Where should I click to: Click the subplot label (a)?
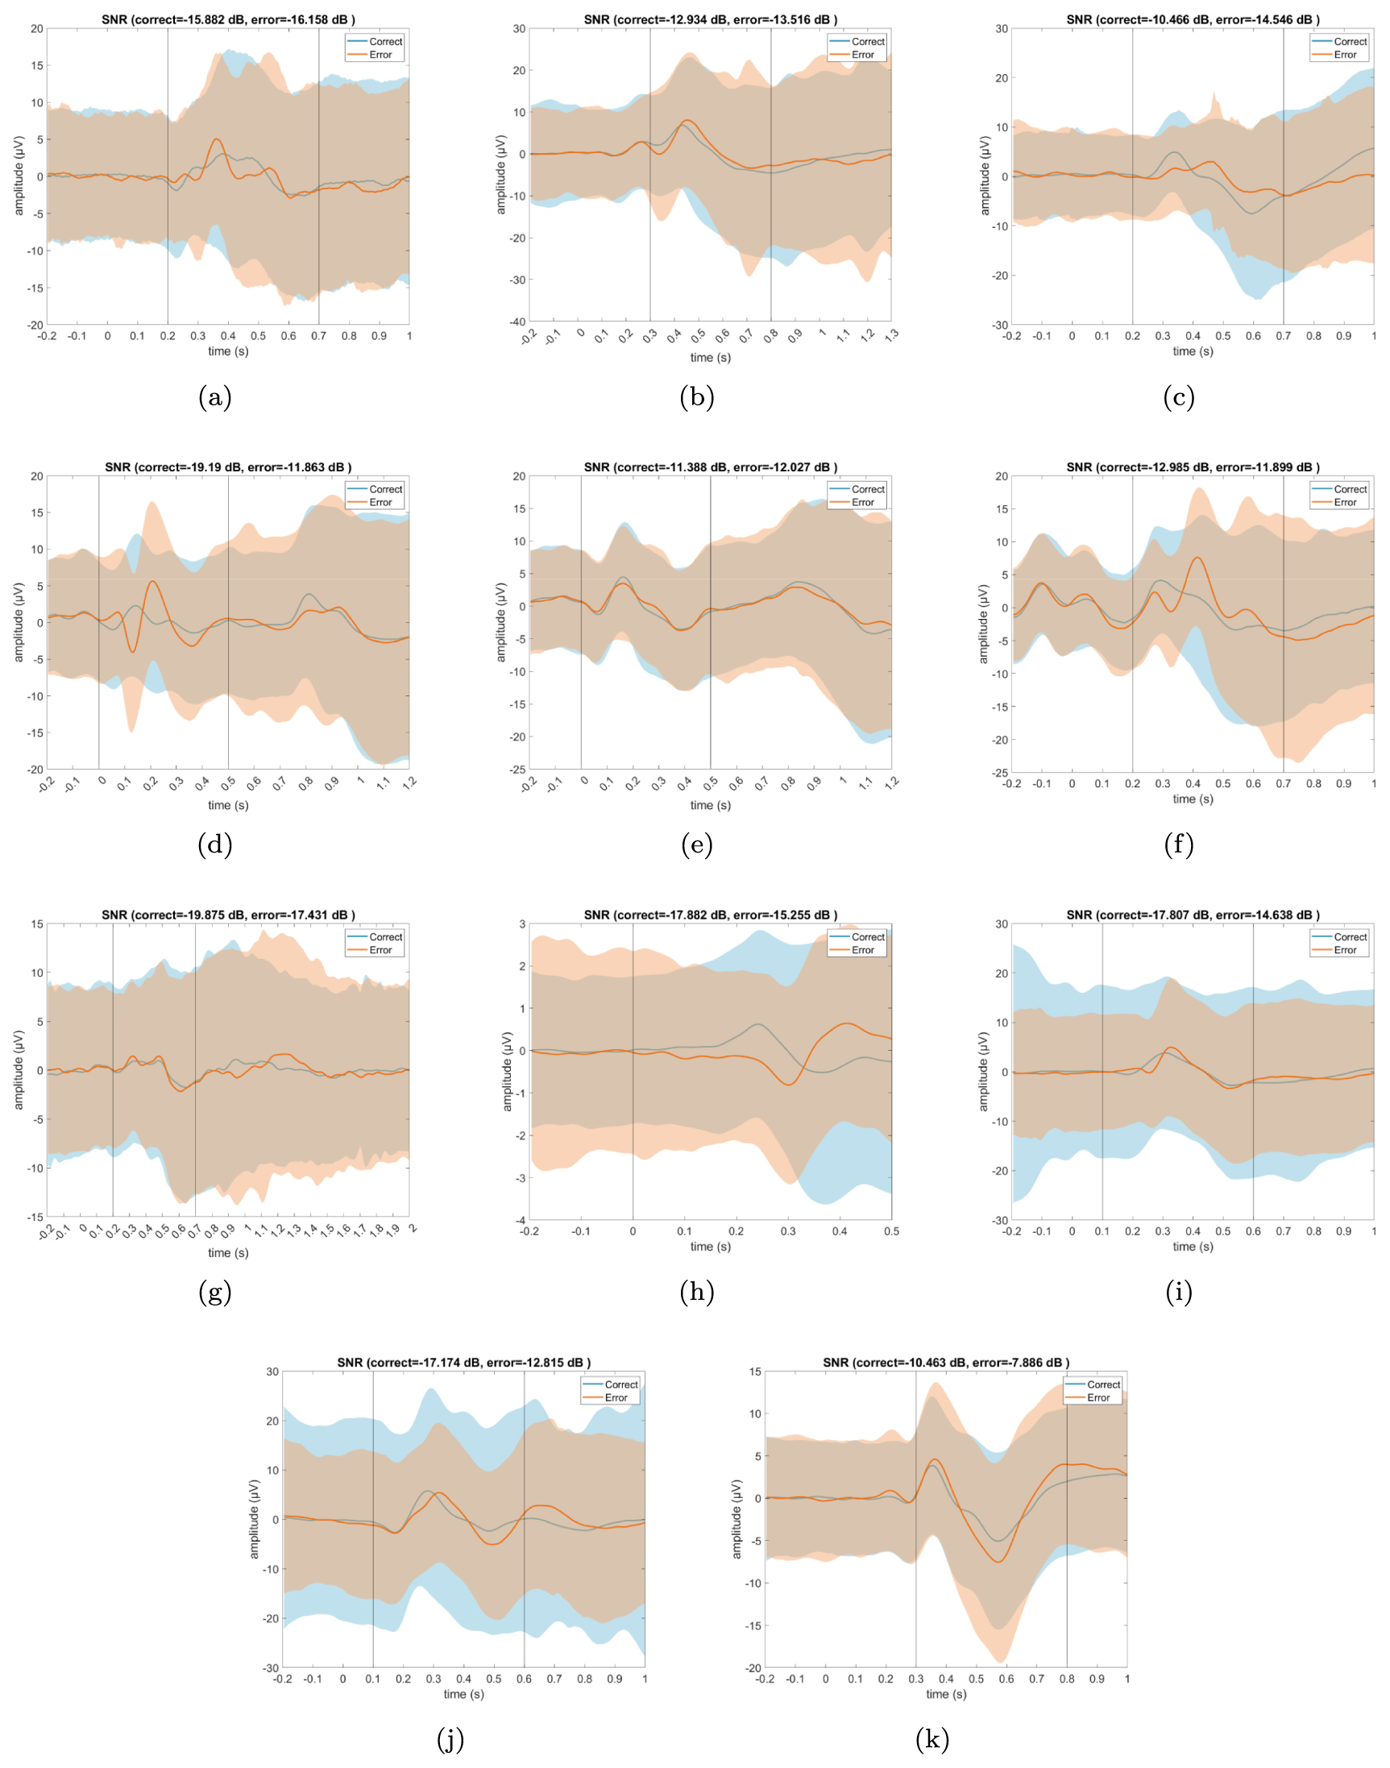click(x=215, y=397)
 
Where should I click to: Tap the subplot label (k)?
click(x=932, y=1740)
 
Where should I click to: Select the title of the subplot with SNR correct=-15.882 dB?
click(x=228, y=19)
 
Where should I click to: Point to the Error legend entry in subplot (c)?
click(x=1344, y=56)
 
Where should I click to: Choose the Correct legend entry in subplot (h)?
click(x=868, y=937)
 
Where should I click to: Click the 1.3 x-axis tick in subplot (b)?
click(x=891, y=335)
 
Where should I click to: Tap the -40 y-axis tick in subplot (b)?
click(x=517, y=322)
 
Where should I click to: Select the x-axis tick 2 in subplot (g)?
click(x=413, y=1229)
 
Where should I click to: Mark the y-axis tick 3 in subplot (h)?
click(x=521, y=924)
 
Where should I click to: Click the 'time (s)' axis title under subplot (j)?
click(x=463, y=1694)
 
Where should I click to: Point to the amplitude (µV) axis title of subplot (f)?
click(x=983, y=623)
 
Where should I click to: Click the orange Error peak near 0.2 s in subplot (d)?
click(x=152, y=582)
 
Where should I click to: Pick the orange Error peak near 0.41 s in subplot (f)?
click(x=1197, y=558)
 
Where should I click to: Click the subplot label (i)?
click(x=1178, y=1292)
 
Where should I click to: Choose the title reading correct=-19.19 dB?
click(x=228, y=467)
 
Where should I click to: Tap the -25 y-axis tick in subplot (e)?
click(x=517, y=770)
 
